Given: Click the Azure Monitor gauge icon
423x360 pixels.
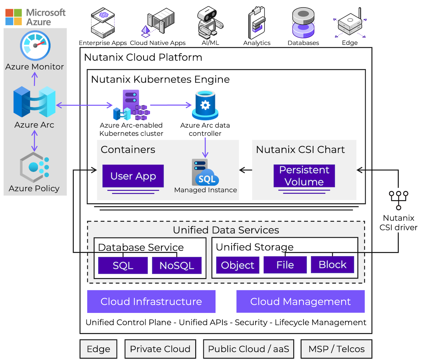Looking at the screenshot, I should pyautogui.click(x=35, y=46).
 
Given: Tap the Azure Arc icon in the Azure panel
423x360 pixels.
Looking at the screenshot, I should pyautogui.click(x=34, y=102).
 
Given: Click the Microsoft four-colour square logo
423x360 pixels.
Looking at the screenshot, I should pyautogui.click(x=14, y=17).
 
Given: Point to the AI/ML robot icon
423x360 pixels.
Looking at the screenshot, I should pyautogui.click(x=210, y=23).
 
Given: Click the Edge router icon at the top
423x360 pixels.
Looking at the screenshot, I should pyautogui.click(x=349, y=24).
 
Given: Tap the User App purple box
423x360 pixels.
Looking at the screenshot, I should pyautogui.click(x=133, y=176).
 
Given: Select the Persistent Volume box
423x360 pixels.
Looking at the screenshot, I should pyautogui.click(x=304, y=176).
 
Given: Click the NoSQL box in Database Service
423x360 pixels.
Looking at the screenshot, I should pyautogui.click(x=177, y=266).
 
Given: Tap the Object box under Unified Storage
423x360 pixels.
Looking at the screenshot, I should pyautogui.click(x=238, y=265).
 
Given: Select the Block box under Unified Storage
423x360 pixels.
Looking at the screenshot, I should pyautogui.click(x=332, y=265).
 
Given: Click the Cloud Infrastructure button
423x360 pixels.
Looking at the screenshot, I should pyautogui.click(x=151, y=301).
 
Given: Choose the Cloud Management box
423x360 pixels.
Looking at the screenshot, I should pyautogui.click(x=300, y=301).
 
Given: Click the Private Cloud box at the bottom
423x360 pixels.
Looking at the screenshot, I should pyautogui.click(x=160, y=349).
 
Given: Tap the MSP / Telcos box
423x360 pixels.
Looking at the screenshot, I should pyautogui.click(x=336, y=349).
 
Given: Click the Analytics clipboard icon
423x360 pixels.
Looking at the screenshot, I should pyautogui.click(x=257, y=23).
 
